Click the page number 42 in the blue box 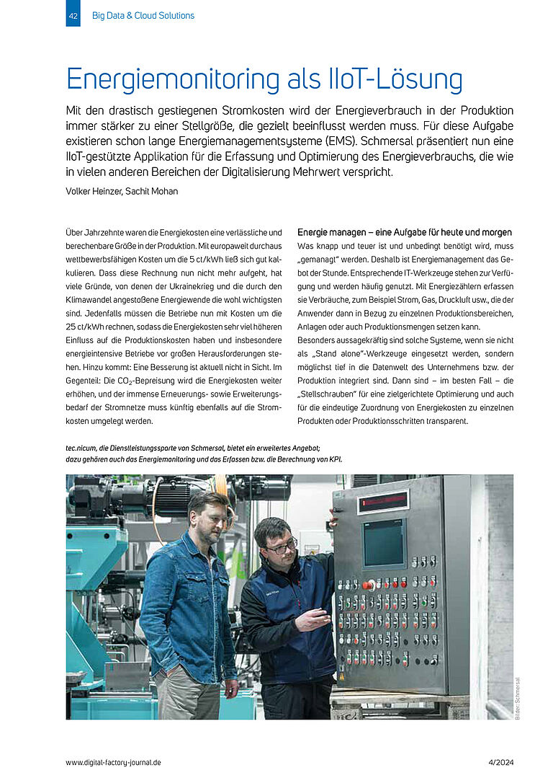tap(73, 15)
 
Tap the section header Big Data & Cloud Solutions tap(143, 15)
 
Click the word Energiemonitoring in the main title tap(174, 79)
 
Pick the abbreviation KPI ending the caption tap(334, 459)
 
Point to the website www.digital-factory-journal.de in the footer tap(113, 762)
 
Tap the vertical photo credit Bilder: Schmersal tap(517, 698)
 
